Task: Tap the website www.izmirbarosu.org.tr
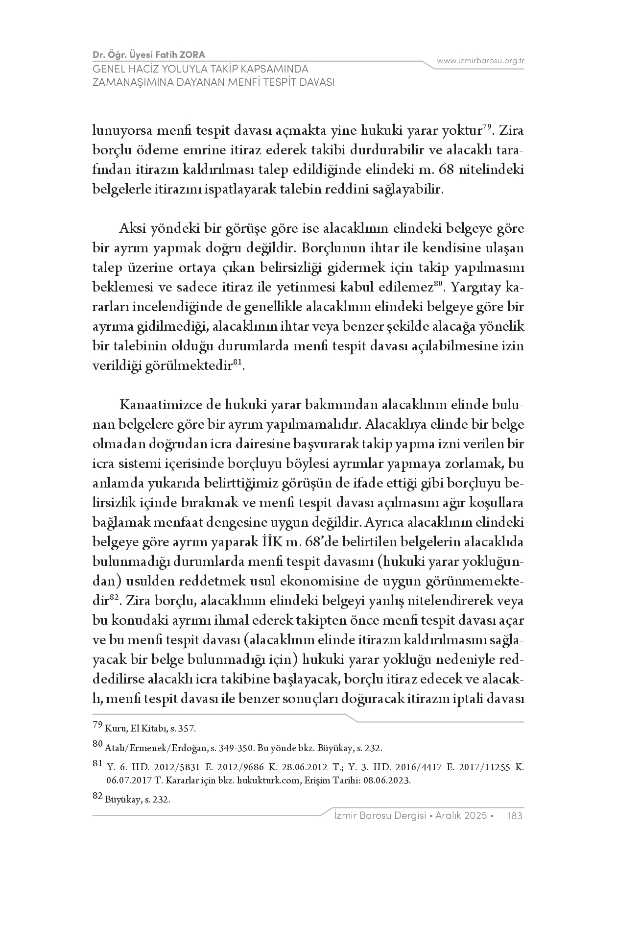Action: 480,61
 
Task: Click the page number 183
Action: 516,816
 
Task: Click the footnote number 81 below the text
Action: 97,763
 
